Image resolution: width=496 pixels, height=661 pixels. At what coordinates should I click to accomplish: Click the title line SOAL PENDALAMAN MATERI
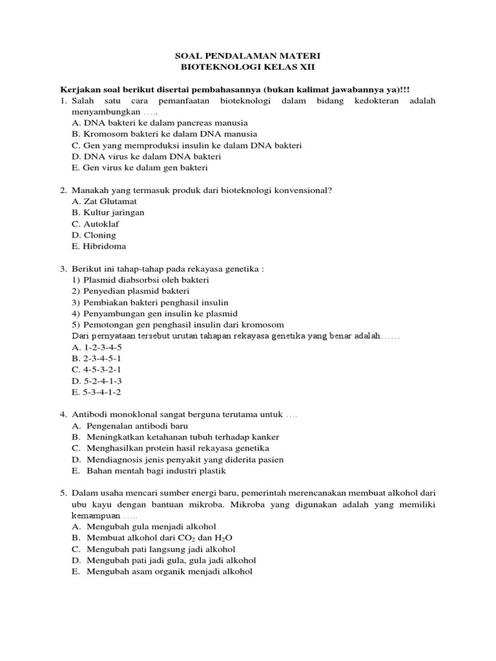pyautogui.click(x=248, y=56)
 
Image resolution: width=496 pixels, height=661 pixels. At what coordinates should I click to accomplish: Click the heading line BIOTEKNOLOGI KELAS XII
pyautogui.click(x=248, y=67)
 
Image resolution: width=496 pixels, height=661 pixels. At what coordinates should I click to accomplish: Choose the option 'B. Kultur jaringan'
pyautogui.click(x=108, y=212)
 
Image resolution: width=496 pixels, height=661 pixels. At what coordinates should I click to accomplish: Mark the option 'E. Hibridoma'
pyautogui.click(x=99, y=246)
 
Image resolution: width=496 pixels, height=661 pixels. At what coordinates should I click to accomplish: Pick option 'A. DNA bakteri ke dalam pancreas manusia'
pyautogui.click(x=160, y=123)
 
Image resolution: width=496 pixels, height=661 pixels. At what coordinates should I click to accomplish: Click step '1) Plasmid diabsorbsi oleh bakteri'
pyautogui.click(x=140, y=280)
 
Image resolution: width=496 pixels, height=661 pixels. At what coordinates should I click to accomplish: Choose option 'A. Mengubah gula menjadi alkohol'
pyautogui.click(x=144, y=527)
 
